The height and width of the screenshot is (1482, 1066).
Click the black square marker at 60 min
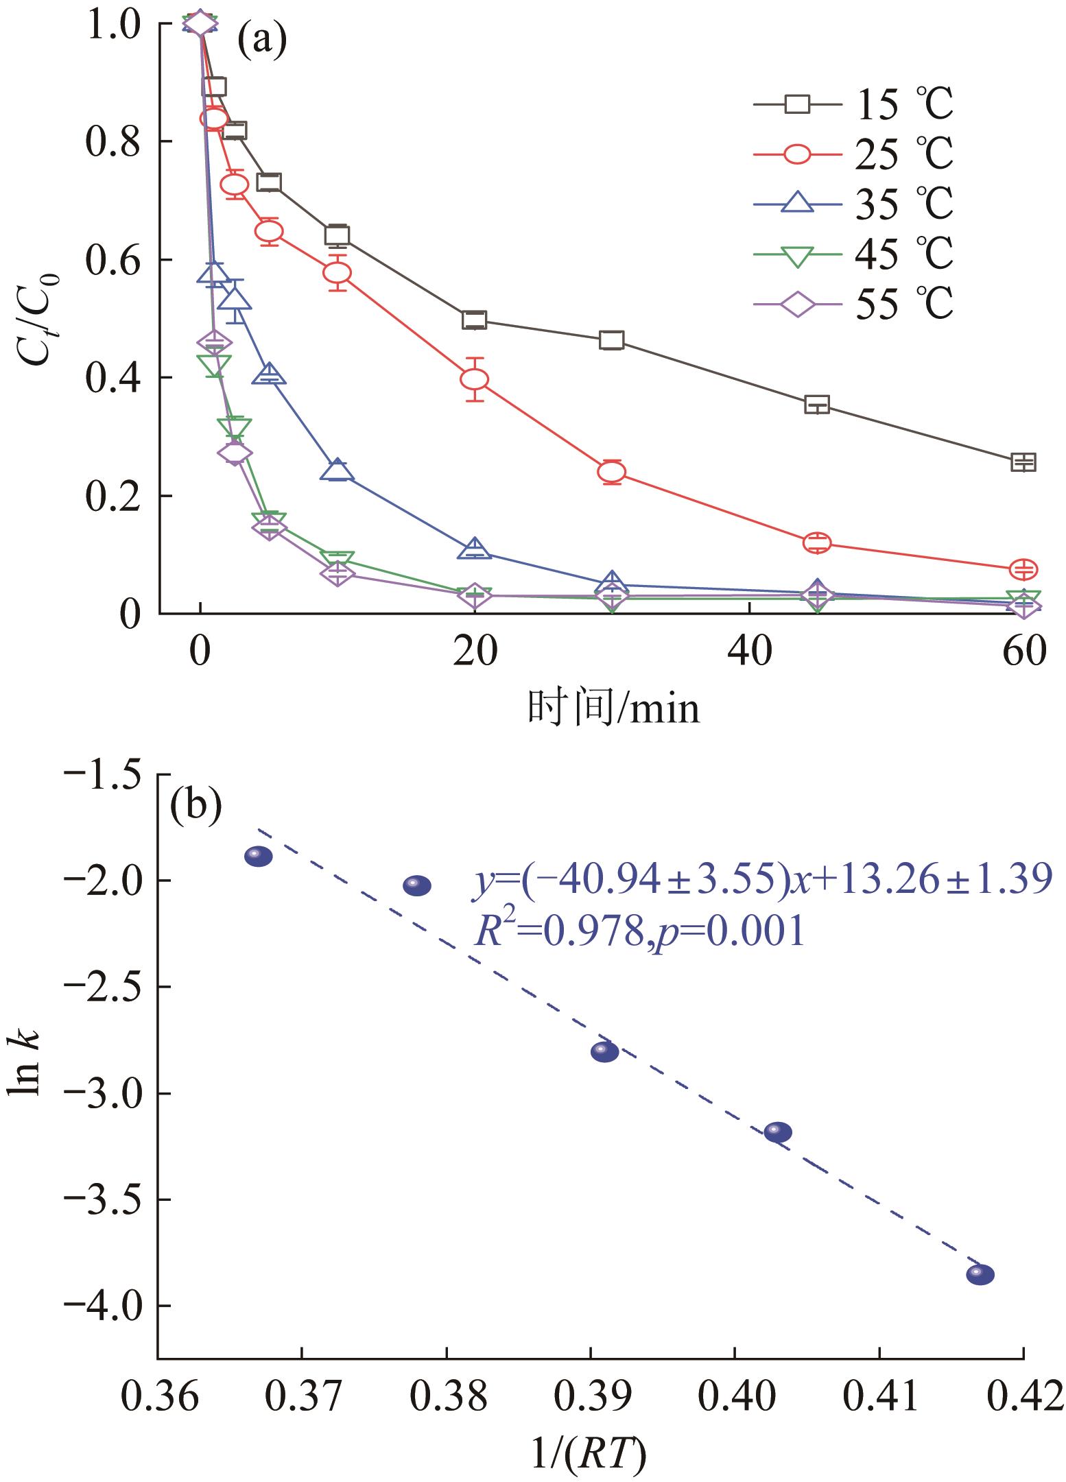[x=1023, y=462]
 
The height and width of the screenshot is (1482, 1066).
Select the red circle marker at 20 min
[x=474, y=379]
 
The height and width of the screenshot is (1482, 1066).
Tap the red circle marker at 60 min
[x=1023, y=569]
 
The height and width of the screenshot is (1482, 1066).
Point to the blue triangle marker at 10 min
[x=337, y=470]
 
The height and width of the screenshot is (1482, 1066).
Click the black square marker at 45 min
[x=817, y=404]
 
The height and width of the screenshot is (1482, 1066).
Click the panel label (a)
[x=261, y=43]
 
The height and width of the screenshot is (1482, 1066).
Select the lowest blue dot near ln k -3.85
[x=980, y=1275]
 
